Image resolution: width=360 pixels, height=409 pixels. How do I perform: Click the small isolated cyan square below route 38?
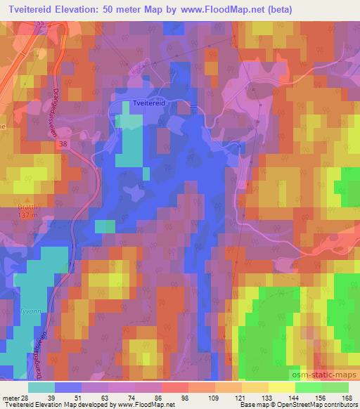click(105, 226)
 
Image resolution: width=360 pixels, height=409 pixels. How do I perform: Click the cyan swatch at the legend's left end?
click(41, 387)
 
